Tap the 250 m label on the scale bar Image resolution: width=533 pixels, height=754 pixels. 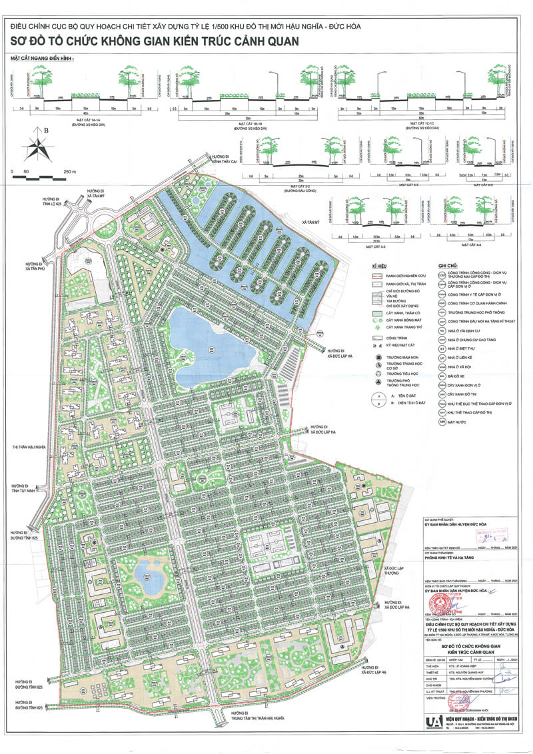click(x=69, y=171)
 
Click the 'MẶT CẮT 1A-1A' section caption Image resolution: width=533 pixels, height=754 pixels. click(x=82, y=121)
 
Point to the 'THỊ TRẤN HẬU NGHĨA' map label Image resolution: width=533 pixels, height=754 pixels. click(x=28, y=447)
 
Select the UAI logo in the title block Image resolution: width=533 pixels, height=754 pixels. click(x=434, y=723)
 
